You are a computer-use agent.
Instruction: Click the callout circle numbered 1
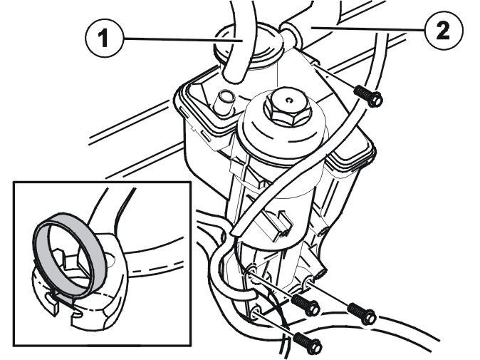105,39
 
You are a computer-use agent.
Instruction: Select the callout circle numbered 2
444,31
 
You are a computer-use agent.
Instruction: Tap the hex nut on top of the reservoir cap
288,108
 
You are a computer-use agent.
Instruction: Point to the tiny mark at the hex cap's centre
289,100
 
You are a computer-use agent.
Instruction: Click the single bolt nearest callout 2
367,95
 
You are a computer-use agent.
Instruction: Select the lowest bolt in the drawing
308,341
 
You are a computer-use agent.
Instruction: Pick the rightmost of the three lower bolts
362,314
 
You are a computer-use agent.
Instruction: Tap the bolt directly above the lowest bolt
306,304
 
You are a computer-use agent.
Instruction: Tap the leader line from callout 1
183,39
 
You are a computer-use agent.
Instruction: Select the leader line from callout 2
367,29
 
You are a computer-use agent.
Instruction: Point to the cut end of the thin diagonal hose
236,230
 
